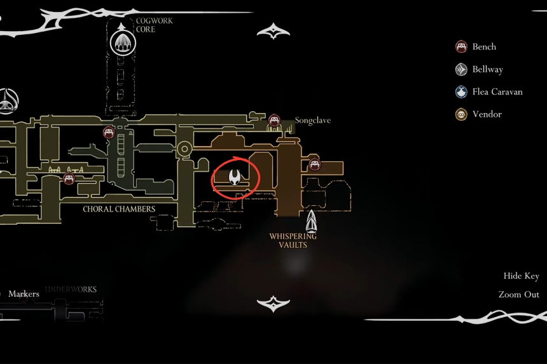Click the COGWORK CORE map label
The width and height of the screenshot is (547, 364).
click(x=154, y=25)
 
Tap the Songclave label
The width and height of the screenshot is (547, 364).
click(x=313, y=120)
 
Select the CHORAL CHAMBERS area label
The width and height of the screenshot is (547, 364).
click(x=119, y=208)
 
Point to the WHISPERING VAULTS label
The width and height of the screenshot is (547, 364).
click(x=293, y=240)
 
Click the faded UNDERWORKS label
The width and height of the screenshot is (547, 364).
click(x=71, y=290)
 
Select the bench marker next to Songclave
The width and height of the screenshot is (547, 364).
click(x=274, y=119)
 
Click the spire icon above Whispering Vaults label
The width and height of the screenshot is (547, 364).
click(x=311, y=220)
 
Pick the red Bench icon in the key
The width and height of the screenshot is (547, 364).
click(x=462, y=46)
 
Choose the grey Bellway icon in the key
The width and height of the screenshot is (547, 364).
click(x=462, y=69)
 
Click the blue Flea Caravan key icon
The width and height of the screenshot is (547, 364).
click(x=462, y=91)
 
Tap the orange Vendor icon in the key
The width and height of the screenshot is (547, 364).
click(x=462, y=114)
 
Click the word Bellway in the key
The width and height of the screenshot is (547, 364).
click(x=487, y=69)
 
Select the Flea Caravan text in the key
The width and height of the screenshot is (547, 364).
click(x=497, y=91)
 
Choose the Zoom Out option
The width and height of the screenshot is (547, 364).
click(x=518, y=294)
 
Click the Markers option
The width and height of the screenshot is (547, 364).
click(x=24, y=293)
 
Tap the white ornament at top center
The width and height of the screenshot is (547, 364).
click(x=273, y=30)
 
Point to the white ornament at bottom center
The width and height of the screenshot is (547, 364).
click(x=273, y=303)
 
